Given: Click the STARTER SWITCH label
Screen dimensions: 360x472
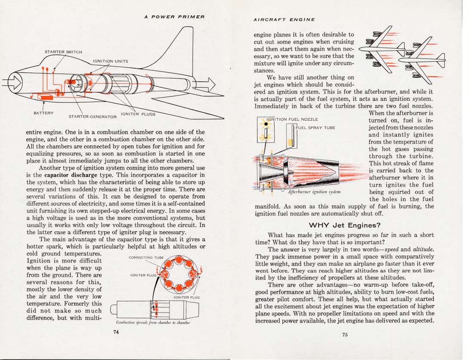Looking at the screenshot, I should coord(63,52).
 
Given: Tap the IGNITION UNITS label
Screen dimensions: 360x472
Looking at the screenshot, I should coord(111,61).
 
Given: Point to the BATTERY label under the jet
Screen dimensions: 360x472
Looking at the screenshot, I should coord(43,113).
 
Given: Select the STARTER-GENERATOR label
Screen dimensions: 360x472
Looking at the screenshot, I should coord(93,117).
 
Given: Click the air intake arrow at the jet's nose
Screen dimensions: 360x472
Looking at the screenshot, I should coord(13,82).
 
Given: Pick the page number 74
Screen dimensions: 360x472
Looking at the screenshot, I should coord(115,332).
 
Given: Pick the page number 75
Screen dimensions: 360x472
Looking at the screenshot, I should coord(345,335).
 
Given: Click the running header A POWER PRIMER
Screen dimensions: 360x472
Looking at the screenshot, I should coord(174,17).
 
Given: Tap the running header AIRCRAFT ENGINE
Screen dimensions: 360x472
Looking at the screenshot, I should coord(284,20).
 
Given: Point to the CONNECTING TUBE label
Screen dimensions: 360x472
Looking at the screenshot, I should coord(146,258).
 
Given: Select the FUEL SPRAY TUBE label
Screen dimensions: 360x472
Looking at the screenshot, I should coord(315,127).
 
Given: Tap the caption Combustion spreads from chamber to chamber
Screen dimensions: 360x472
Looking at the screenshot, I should coord(153,322).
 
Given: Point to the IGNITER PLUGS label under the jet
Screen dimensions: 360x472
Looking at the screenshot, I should coord(138,114).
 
